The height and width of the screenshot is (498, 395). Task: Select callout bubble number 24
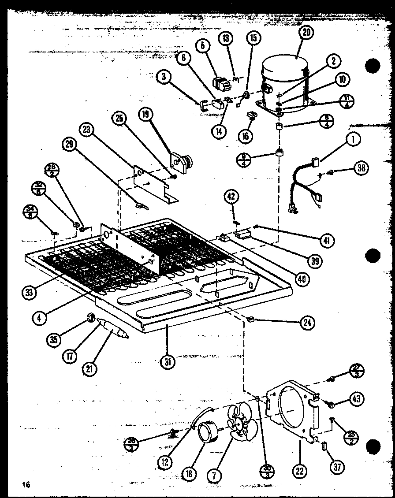point(307,323)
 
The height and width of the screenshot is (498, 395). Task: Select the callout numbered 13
point(226,39)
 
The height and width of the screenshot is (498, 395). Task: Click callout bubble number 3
point(164,77)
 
